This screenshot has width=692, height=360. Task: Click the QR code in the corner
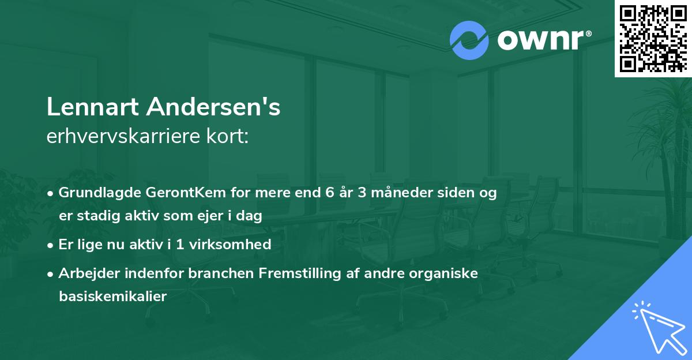pos(653,38)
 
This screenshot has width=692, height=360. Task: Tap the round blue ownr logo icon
pos(469,41)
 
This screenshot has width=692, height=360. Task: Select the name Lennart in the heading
pos(92,107)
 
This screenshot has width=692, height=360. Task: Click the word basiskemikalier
pos(112,297)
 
